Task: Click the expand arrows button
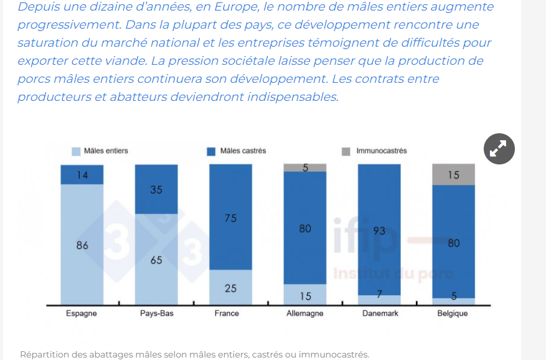pos(499,149)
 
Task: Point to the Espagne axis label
pos(82,314)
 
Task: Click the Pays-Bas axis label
pos(156,314)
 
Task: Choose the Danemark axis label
pos(380,314)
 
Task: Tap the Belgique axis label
pos(453,314)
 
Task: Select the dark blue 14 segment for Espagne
pos(82,175)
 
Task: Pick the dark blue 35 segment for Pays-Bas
pos(156,189)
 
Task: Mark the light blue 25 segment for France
pos(230,288)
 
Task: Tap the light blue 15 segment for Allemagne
pos(305,295)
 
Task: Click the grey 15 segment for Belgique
pos(453,175)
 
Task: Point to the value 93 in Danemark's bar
pos(380,231)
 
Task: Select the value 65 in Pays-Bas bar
pos(156,260)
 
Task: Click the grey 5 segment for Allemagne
pos(305,168)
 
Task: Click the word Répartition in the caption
pos(44,354)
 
